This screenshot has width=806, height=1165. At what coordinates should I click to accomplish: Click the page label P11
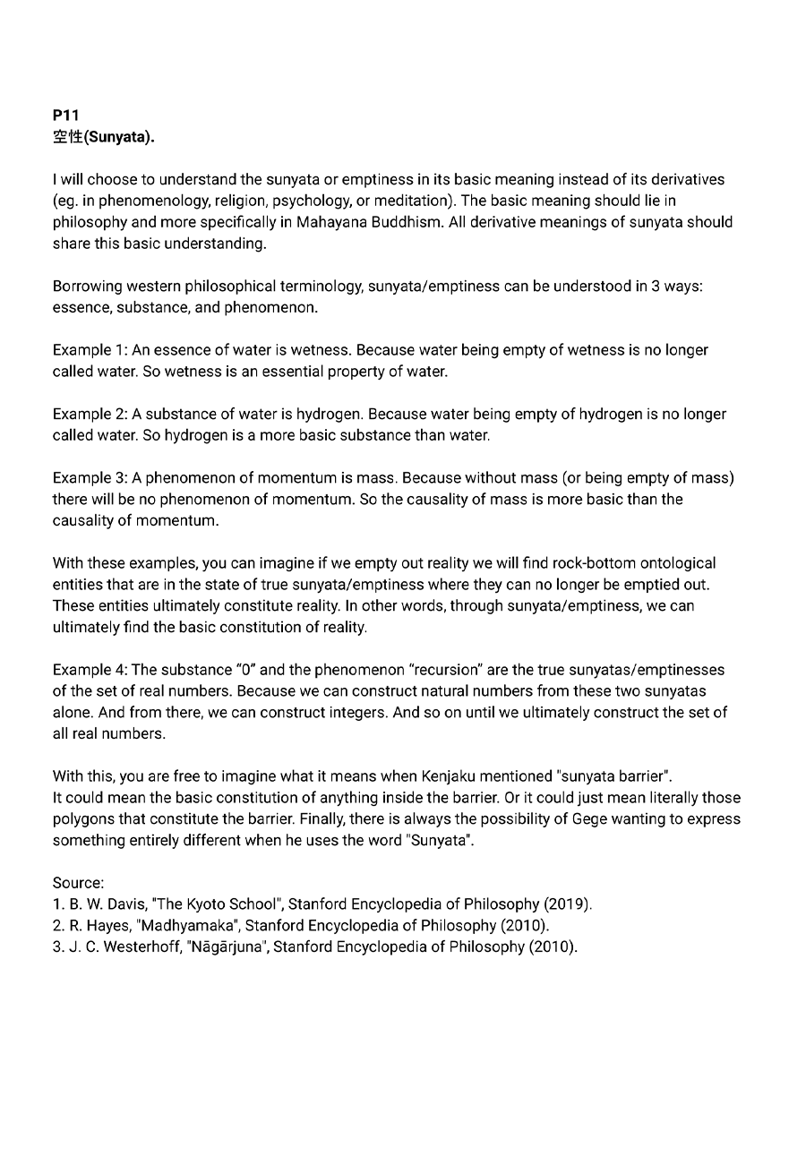pos(65,116)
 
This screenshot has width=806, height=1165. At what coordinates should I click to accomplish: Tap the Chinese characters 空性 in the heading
pos(66,137)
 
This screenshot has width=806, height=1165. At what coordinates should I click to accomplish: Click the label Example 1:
pos(90,350)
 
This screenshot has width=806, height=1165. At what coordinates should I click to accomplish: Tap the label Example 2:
pos(90,415)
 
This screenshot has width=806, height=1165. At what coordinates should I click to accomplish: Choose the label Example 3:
pos(90,478)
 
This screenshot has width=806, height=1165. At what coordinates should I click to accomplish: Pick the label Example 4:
pos(90,670)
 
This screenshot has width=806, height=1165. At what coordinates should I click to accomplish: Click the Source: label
pos(78,883)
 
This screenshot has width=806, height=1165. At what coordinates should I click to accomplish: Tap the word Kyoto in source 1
pos(208,904)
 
